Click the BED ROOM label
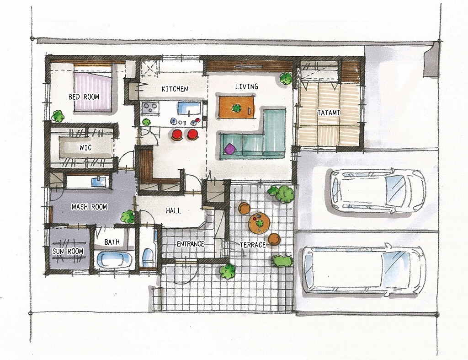pyautogui.click(x=84, y=97)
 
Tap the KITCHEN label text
pyautogui.click(x=175, y=89)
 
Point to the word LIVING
pyautogui.click(x=246, y=86)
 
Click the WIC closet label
pyautogui.click(x=85, y=148)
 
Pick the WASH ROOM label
pyautogui.click(x=89, y=207)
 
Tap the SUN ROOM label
pyautogui.click(x=68, y=251)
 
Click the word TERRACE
pyautogui.click(x=252, y=245)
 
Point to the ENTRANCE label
pyautogui.click(x=191, y=244)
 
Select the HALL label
pyautogui.click(x=173, y=210)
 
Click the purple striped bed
pyautogui.click(x=93, y=88)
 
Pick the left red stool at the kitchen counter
pyautogui.click(x=177, y=134)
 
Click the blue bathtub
pyautogui.click(x=114, y=259)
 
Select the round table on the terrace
pyautogui.click(x=260, y=223)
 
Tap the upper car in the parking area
pyautogui.click(x=378, y=191)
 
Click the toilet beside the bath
pyautogui.click(x=148, y=257)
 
